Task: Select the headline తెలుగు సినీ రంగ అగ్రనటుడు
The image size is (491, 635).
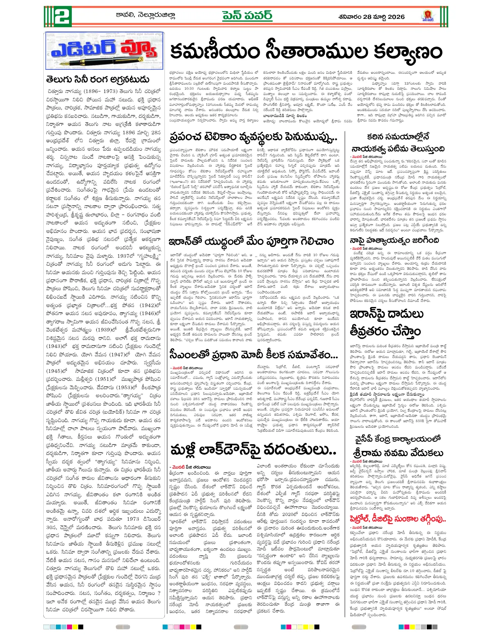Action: tap(98, 79)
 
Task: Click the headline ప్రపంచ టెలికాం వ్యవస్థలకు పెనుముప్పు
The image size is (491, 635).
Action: tap(253, 137)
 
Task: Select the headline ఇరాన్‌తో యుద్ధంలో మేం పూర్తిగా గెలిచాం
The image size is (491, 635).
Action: tap(251, 241)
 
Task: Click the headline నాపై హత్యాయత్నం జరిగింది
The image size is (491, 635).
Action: tap(394, 241)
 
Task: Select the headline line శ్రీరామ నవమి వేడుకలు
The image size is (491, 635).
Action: tap(398, 453)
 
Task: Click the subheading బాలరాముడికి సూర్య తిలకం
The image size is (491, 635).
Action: tap(285, 116)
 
